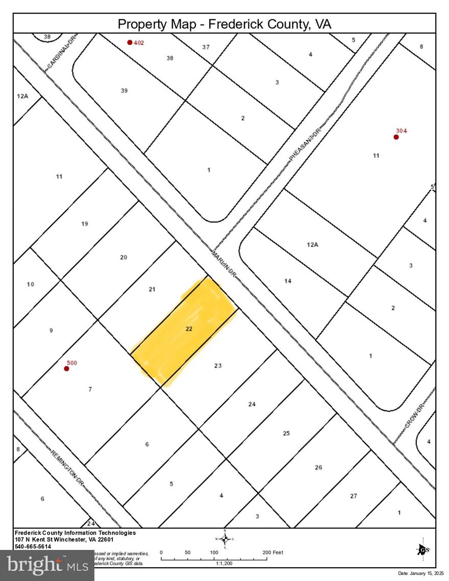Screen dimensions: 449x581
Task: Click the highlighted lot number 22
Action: point(189,329)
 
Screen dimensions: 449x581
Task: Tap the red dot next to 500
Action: point(66,368)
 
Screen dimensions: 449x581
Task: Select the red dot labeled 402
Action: point(130,42)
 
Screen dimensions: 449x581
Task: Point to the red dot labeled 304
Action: point(396,137)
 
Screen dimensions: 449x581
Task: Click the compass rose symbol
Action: point(225,539)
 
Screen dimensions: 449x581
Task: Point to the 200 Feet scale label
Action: point(272,552)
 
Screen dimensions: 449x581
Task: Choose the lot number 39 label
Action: point(124,91)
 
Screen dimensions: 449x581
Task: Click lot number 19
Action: point(85,223)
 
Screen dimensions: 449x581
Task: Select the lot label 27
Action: point(354,496)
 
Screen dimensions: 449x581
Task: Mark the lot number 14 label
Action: point(288,281)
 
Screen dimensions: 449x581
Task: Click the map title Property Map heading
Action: point(224,24)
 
